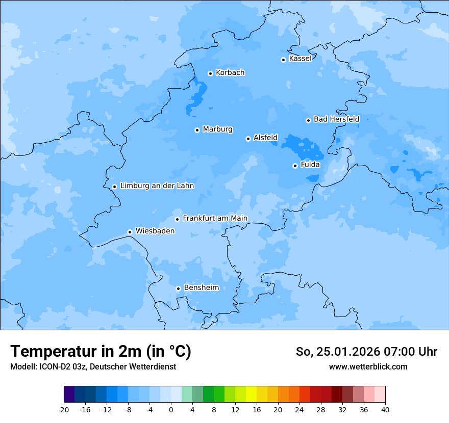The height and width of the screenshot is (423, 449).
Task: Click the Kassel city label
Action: [300, 59]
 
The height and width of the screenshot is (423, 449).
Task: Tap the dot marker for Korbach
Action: [210, 73]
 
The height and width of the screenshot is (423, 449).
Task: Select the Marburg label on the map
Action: [217, 129]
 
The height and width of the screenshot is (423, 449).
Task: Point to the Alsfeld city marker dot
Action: [248, 139]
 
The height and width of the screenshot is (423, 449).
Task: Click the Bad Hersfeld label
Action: [336, 119]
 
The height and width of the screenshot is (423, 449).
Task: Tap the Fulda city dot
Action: [295, 166]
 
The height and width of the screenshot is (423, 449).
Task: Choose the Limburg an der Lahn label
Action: [157, 186]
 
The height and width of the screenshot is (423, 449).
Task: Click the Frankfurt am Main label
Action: [215, 218]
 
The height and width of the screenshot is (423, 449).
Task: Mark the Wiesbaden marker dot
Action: [130, 232]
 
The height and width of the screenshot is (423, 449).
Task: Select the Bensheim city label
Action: [201, 287]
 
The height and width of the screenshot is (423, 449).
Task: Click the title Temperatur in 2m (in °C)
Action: [101, 352]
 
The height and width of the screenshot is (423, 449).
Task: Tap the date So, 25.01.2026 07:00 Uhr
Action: [366, 352]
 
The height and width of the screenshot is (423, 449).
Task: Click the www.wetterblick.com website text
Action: [368, 366]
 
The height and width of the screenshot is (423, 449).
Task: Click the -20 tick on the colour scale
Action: [64, 409]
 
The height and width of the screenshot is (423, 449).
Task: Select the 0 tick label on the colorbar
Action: [171, 409]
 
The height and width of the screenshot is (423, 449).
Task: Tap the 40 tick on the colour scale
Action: [385, 409]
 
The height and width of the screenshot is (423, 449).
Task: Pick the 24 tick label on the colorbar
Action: [300, 409]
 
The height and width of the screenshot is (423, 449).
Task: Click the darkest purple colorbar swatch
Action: [69, 394]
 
